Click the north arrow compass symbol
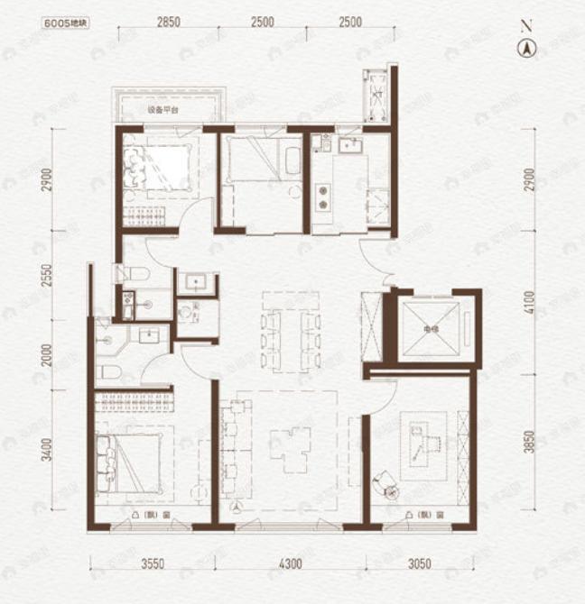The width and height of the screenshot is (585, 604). (525, 49)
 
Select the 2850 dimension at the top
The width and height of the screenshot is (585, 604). (167, 22)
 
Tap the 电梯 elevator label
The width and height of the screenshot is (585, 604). (429, 329)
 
